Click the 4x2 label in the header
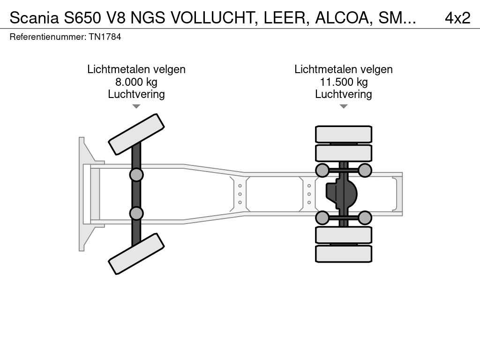[457, 18]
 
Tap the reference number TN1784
[105, 37]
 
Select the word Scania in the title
[34, 18]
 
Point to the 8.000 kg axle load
[136, 82]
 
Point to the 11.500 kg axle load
[344, 82]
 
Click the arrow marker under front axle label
[136, 106]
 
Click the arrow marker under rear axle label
[344, 106]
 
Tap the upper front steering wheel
[136, 134]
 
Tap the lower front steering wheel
[136, 254]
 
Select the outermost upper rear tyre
[344, 135]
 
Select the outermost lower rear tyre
[344, 254]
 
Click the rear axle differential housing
[342, 194]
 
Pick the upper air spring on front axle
[136, 175]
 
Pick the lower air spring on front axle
[136, 213]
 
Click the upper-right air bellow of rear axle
[365, 170]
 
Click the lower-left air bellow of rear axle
[322, 217]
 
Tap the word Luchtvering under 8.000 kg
[136, 94]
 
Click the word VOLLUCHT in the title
[214, 18]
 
